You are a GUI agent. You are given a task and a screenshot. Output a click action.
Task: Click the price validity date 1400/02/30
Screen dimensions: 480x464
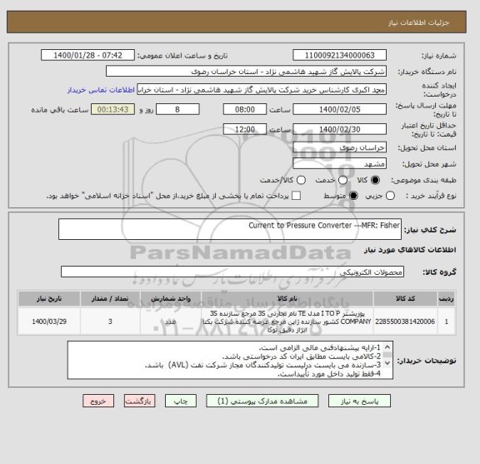(x=341, y=129)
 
